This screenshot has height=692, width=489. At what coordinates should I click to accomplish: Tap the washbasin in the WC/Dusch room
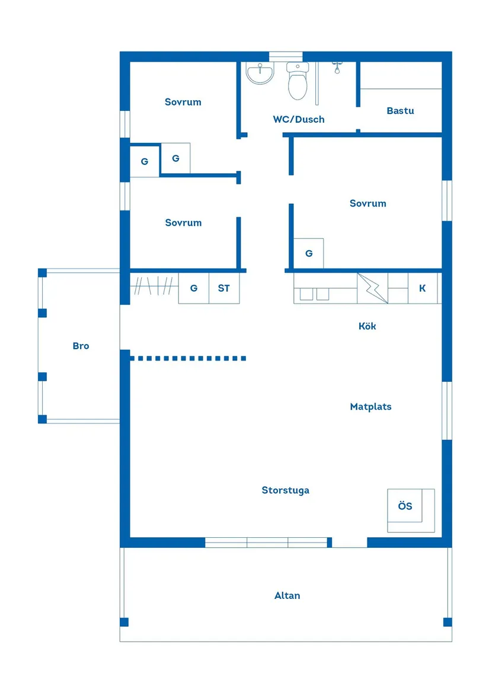click(x=261, y=74)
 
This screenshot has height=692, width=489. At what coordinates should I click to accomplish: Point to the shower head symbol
click(x=337, y=67)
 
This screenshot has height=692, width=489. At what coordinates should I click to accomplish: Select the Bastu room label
click(x=400, y=111)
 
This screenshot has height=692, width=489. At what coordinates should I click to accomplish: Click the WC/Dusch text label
click(x=299, y=119)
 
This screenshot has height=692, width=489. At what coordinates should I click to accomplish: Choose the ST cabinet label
click(x=224, y=289)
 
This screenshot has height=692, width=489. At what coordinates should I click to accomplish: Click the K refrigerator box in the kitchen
click(x=423, y=289)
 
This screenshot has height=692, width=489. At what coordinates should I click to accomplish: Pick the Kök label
click(x=367, y=326)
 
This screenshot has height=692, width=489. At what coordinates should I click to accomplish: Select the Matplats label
click(x=370, y=407)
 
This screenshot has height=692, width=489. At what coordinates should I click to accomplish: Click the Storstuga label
click(x=285, y=490)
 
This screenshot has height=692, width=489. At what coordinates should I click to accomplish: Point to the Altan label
click(x=287, y=595)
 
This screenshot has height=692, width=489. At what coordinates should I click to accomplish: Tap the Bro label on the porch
click(x=81, y=346)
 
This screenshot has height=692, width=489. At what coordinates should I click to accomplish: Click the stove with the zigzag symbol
click(x=373, y=289)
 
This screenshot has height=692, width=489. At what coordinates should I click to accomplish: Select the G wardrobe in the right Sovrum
click(x=309, y=253)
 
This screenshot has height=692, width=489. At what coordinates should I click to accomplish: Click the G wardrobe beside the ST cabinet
click(x=194, y=289)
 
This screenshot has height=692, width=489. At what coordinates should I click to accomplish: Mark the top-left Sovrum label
click(x=183, y=102)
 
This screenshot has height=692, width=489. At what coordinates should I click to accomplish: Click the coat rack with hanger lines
click(x=154, y=288)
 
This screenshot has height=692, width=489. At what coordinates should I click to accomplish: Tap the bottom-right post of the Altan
click(x=448, y=622)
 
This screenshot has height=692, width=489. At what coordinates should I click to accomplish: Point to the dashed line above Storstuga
click(x=188, y=358)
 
